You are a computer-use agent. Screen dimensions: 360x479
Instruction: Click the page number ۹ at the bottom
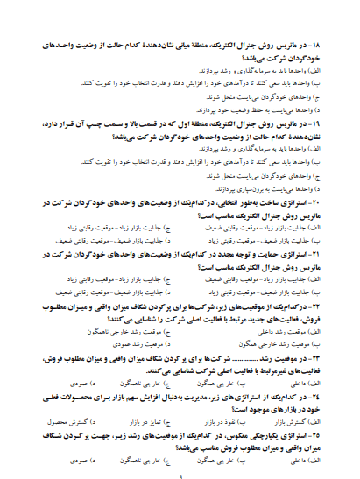tap(179, 474)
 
